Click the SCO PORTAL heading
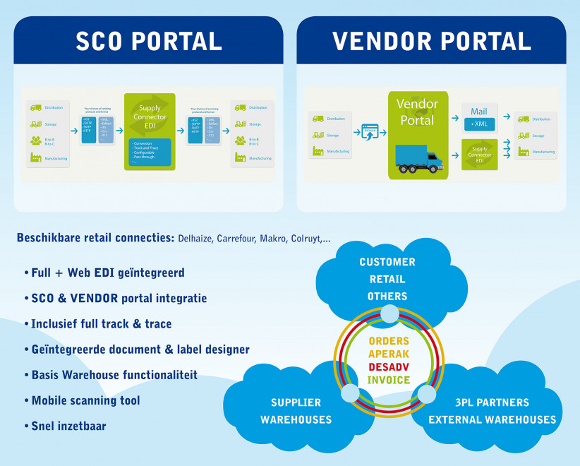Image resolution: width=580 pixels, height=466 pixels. pyautogui.click(x=149, y=42)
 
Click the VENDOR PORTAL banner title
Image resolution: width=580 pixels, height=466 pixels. pyautogui.click(x=431, y=42)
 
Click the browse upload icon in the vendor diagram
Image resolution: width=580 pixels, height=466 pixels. pyautogui.click(x=369, y=131)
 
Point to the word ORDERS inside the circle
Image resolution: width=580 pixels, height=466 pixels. pyautogui.click(x=389, y=341)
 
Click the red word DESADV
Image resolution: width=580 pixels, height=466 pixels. pyautogui.click(x=389, y=367)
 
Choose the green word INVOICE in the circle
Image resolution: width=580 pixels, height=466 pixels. pyautogui.click(x=389, y=381)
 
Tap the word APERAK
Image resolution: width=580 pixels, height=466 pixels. pyautogui.click(x=389, y=354)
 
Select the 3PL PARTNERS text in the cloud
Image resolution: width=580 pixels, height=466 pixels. pyautogui.click(x=493, y=402)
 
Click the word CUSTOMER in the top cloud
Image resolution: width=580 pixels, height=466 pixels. pyautogui.click(x=387, y=262)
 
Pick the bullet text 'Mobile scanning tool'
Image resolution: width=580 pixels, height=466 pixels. pyautogui.click(x=85, y=400)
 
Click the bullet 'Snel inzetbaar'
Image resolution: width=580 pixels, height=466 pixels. pyautogui.click(x=68, y=426)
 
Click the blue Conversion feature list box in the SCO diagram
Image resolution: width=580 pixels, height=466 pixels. pyautogui.click(x=151, y=153)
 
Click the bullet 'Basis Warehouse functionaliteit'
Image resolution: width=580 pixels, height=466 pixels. pyautogui.click(x=114, y=375)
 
